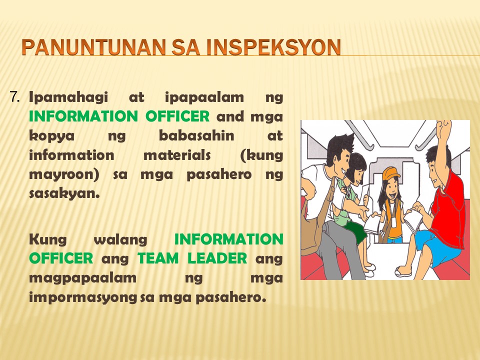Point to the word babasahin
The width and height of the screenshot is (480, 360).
coord(196,135)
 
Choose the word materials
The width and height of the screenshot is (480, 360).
coord(176,155)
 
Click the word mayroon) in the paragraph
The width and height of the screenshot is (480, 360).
coord(64,175)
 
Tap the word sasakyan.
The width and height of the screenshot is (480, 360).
coord(64,194)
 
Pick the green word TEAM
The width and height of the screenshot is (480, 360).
coord(158,258)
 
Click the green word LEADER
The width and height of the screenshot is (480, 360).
coord(217,258)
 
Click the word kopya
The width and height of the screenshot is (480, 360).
coord(51,136)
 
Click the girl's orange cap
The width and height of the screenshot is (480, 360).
coord(390,173)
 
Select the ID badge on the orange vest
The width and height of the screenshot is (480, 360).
coord(394,222)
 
